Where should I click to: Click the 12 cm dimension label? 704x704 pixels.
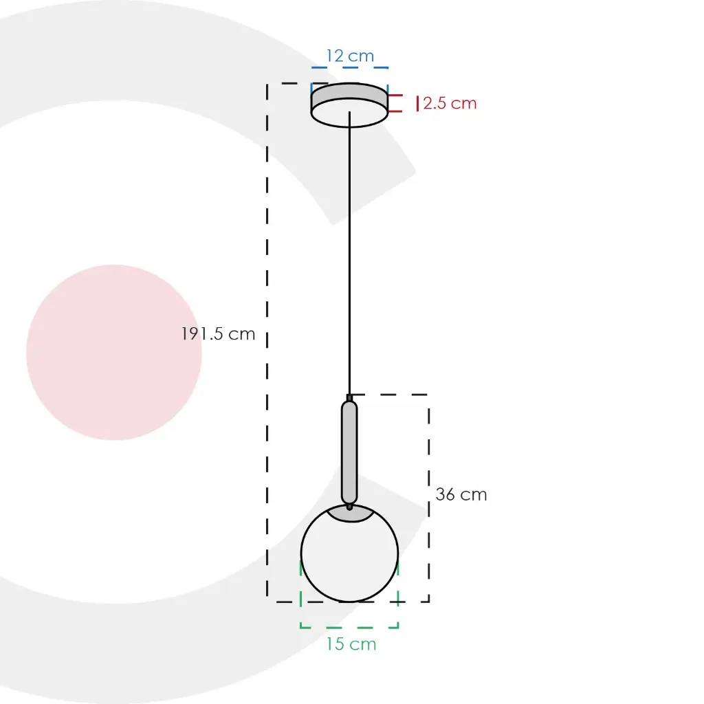pos(350,56)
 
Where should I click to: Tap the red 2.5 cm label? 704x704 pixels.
pos(450,103)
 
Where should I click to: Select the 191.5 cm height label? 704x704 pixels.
pos(218,333)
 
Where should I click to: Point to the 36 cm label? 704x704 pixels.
pos(461,494)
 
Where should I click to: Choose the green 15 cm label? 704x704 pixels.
pos(351,643)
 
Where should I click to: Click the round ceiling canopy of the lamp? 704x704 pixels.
pos(350,105)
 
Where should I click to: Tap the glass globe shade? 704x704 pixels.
pos(349,553)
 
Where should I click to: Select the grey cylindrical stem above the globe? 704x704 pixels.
pos(349,452)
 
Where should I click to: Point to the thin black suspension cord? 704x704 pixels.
pos(350,254)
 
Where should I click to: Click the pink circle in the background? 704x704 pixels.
pos(114,353)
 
